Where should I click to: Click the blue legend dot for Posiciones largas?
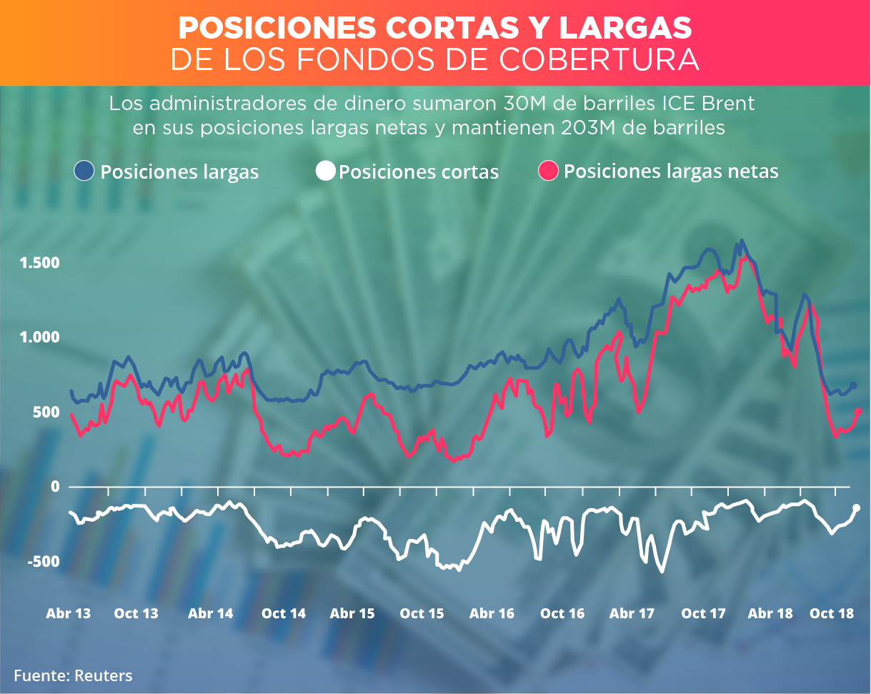point(84,171)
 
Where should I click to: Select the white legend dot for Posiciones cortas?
point(326,172)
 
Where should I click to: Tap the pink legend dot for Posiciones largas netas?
point(548,171)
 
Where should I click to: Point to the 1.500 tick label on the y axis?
point(40,263)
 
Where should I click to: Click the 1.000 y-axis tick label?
point(40,337)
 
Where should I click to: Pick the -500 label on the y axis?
point(44,562)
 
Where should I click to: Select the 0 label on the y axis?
point(54,487)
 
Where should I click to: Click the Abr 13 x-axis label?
point(69,613)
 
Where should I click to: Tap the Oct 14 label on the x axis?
point(284,613)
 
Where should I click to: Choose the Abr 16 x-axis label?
point(492,613)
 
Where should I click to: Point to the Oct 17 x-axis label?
point(704,613)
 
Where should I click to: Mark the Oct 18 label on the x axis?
point(832,613)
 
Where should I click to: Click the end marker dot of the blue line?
point(853,386)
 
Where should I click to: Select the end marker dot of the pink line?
point(858,411)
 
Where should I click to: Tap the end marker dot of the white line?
point(856,508)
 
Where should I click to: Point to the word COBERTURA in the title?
point(601,60)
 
